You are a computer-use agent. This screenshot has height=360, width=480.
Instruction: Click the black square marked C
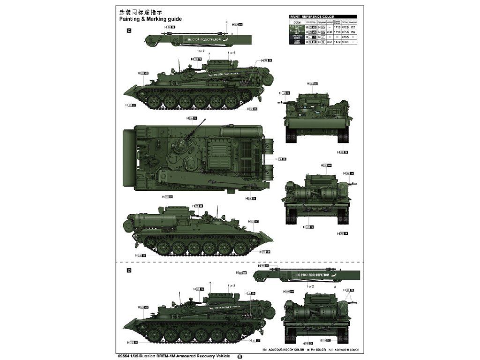coord(129,31)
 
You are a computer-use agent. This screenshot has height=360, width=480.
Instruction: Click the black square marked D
coord(129,270)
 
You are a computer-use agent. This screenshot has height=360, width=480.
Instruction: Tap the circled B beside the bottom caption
coord(240,356)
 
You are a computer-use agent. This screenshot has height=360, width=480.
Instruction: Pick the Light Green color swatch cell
coord(296,27)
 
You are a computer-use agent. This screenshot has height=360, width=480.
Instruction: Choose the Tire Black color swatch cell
coord(296,37)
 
